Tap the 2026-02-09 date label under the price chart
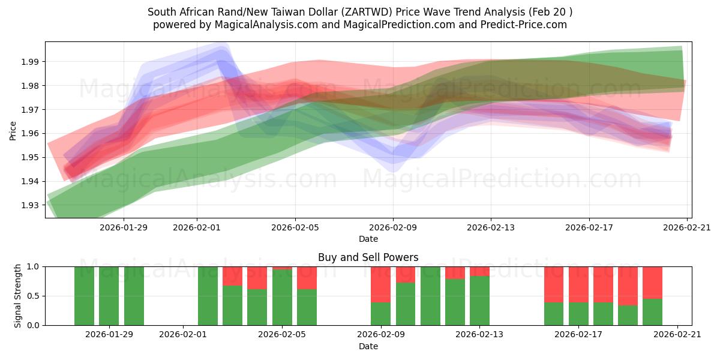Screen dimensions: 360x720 (x=393, y=227)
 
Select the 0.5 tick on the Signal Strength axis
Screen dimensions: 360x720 (x=33, y=296)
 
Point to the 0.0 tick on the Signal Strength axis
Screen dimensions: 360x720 (x=33, y=325)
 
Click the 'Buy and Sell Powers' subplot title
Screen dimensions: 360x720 (x=368, y=257)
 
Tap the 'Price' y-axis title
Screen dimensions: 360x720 (x=13, y=130)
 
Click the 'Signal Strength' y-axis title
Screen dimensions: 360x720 (x=18, y=296)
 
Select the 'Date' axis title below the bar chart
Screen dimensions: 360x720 (x=368, y=346)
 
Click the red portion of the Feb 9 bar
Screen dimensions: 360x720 (x=380, y=284)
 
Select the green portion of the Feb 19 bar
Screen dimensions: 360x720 (x=628, y=316)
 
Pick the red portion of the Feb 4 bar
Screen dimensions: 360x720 (x=257, y=278)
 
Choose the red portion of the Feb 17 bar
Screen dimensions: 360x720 (x=578, y=284)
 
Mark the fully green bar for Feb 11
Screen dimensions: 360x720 (x=430, y=296)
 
